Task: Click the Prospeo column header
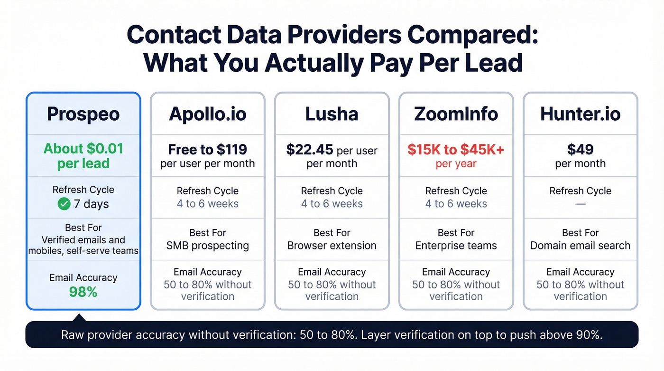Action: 83,114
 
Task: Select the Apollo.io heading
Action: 207,114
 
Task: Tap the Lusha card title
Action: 332,114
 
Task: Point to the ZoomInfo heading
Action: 456,114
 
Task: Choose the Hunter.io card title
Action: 580,114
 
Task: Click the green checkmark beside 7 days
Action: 64,204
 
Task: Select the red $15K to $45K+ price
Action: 456,150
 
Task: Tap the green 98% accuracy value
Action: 83,292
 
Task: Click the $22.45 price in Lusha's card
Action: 310,150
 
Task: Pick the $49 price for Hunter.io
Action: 580,150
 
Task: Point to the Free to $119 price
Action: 207,150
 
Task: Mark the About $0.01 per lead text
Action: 83,156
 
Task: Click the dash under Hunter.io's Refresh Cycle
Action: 580,204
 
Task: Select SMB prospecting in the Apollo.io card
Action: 207,246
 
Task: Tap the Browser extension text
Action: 332,246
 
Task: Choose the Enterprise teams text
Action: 456,246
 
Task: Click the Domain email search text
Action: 580,246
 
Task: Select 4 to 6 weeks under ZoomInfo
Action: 456,204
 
